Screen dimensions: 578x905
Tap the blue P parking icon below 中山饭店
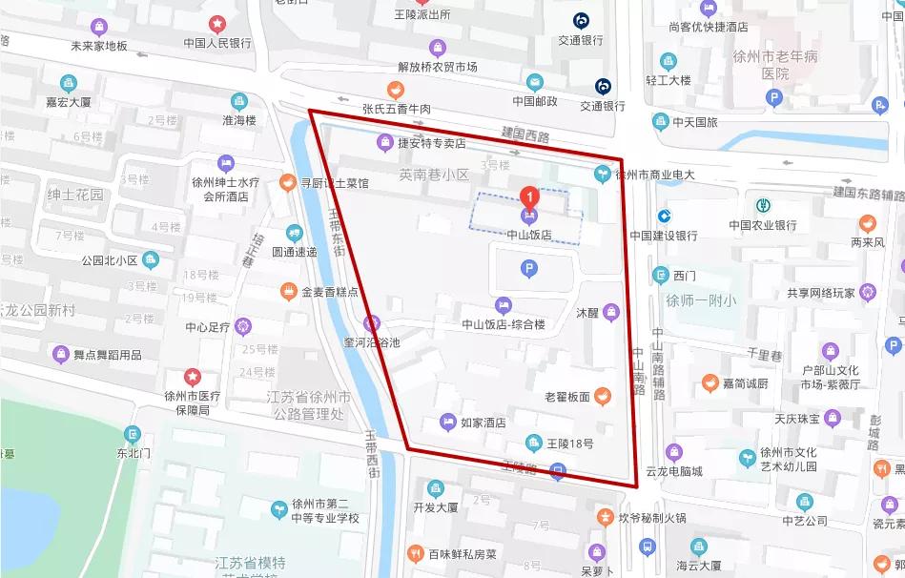[x=528, y=270]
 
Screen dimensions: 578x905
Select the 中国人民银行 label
[x=217, y=43]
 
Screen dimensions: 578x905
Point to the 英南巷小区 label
[x=435, y=175]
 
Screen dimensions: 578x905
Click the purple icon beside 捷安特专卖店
[x=382, y=143]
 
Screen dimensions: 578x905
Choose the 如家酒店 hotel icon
[x=447, y=422]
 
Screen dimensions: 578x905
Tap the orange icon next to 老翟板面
[x=602, y=396]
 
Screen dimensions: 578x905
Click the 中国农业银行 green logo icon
[x=763, y=205]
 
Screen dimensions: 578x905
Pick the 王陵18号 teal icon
[x=534, y=442]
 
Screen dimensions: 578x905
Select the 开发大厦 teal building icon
[x=435, y=488]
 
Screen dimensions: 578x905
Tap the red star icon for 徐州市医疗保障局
[x=194, y=376]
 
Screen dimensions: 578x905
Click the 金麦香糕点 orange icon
[x=288, y=290]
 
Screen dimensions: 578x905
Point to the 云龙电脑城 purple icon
[x=674, y=452]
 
